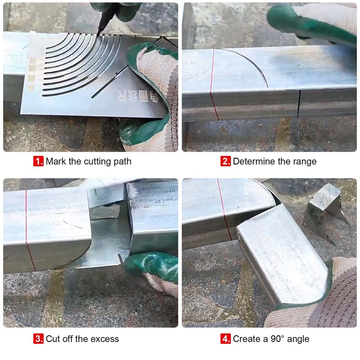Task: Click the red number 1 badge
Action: coord(39,161)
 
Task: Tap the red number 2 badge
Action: coord(225,161)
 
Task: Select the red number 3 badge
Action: coord(39,338)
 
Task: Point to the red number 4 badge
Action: coord(225,338)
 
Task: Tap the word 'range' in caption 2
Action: coord(304,161)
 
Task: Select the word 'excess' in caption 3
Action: coord(106,338)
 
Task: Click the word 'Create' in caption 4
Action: coord(246,338)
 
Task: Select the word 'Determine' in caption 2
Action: coord(252,161)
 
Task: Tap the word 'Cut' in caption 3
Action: coord(53,338)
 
